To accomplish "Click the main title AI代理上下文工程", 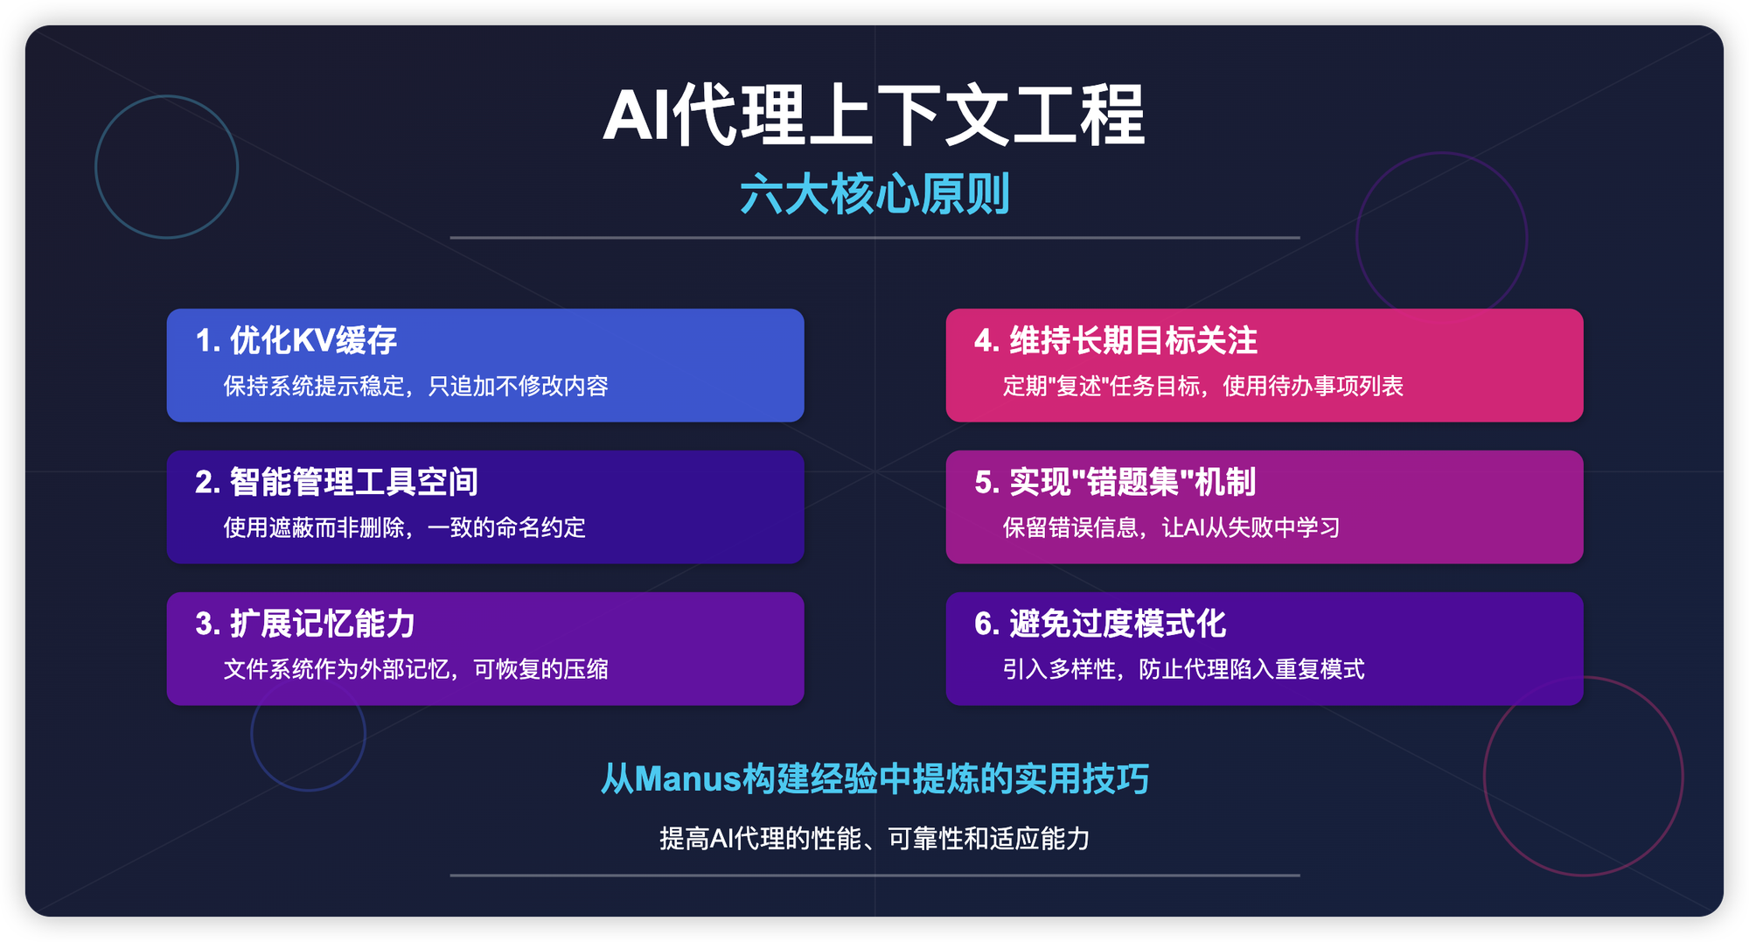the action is coord(874,115).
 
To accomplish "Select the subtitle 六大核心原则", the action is coord(874,194).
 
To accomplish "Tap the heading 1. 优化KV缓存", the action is coord(296,340).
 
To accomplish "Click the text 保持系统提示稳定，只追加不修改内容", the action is coord(415,386).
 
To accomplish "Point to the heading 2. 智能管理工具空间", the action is coord(337,482).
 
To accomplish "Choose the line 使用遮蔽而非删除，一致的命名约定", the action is coord(404,527).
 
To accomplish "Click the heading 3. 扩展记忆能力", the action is coord(305,624).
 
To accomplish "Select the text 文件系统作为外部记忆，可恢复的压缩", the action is coord(415,669).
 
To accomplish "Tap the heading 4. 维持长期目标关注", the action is coord(1116,340).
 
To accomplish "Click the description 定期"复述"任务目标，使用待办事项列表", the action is coord(1202,386).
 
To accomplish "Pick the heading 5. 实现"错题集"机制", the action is coord(1115,482).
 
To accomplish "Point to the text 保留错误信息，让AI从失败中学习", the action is coord(1171,527).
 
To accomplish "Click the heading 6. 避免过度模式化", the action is coord(1100,624).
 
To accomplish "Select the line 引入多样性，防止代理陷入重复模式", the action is coord(1183,669).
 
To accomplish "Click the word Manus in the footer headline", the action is coord(688,778).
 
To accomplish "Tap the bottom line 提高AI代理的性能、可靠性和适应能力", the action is coord(874,839).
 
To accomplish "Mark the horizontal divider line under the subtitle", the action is coord(874,237).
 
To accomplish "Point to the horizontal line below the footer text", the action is coord(874,875).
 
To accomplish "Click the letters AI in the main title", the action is coord(636,116).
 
